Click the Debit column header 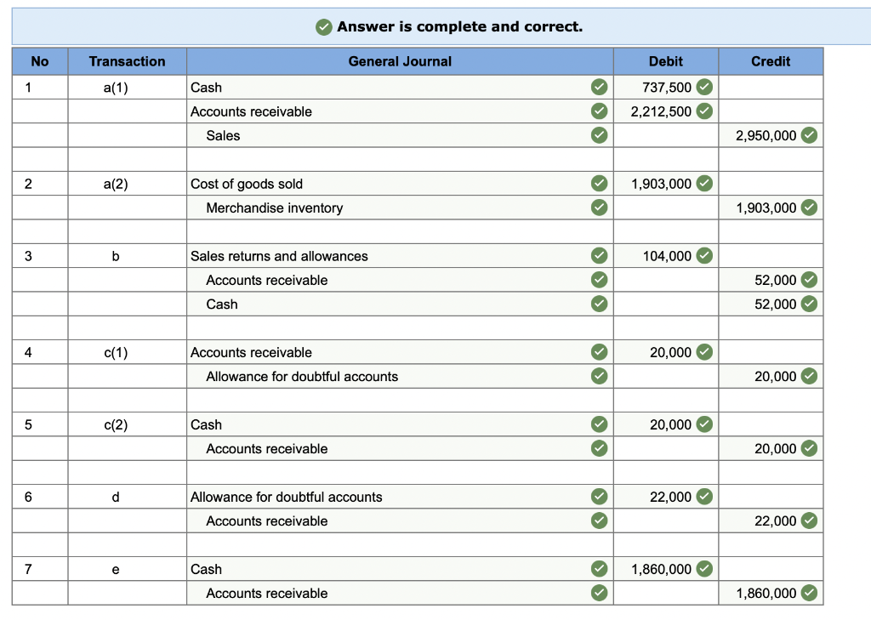[665, 61]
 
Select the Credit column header [771, 61]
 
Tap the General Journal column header [400, 61]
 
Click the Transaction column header [128, 61]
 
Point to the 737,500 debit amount [668, 88]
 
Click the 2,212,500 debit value [661, 111]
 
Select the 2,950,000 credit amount [766, 135]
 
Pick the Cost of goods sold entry [247, 184]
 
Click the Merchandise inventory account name [275, 208]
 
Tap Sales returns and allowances [279, 256]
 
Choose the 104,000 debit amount [668, 256]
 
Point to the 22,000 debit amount [671, 497]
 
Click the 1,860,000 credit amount [766, 593]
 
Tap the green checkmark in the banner [324, 27]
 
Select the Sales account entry [223, 135]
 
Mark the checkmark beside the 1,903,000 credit [809, 208]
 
